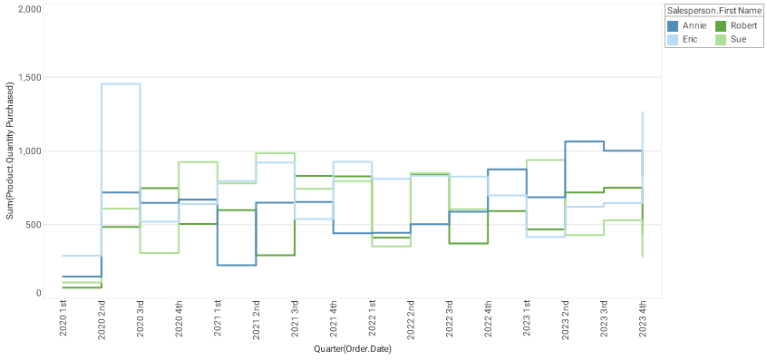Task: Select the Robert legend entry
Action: coord(743,25)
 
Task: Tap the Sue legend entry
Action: coord(738,40)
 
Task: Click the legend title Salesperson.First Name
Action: coord(713,10)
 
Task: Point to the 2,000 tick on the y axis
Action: coord(30,9)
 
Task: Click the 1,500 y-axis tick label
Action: coord(30,78)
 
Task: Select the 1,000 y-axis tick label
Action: coord(30,151)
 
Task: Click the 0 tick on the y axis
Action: coord(38,293)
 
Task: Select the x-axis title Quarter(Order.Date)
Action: coord(353,349)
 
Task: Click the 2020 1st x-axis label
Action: coord(63,321)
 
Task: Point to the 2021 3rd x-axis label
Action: coord(295,321)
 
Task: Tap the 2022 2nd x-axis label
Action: coord(411,321)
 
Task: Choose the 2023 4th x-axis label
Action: coord(643,321)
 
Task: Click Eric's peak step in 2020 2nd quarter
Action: coord(121,84)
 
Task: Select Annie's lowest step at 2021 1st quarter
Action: coord(237,265)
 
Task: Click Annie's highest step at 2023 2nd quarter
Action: coord(585,141)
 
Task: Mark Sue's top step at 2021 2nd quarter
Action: coord(276,153)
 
